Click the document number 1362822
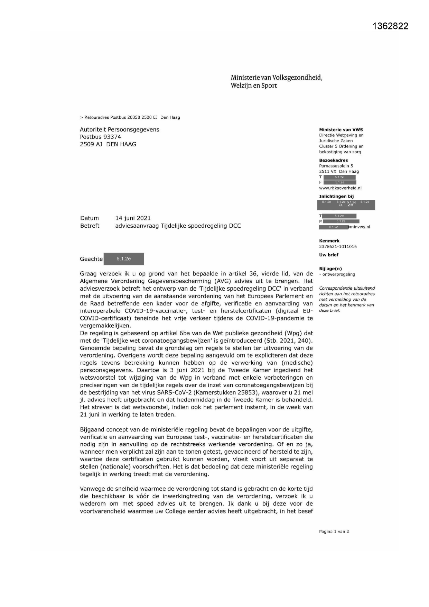coord(390,26)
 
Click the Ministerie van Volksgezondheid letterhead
coord(276,81)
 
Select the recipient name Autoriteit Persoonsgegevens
coord(119,129)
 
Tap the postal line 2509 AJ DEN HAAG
coord(108,144)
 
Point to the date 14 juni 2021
coord(133,218)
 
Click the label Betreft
coord(90,226)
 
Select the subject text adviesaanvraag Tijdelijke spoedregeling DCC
coord(178,226)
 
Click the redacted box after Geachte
coord(124,259)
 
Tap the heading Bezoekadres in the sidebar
coord(333,160)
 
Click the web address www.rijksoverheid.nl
coord(340,188)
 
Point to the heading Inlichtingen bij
coord(336,196)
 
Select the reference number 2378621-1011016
coord(338,246)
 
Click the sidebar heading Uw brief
coord(328,255)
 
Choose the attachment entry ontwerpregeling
coord(338,274)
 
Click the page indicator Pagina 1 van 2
coord(334,532)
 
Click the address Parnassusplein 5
coord(336,166)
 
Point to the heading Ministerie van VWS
coord(341,130)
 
